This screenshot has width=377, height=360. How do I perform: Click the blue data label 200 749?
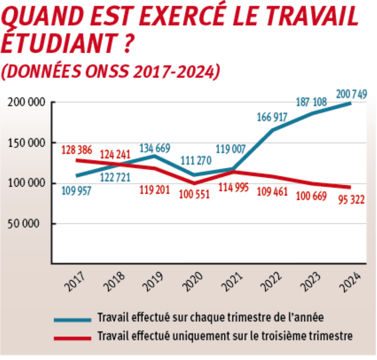[x=351, y=95]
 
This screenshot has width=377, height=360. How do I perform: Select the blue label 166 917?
[x=272, y=118]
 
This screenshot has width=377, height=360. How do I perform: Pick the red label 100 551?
[x=194, y=195]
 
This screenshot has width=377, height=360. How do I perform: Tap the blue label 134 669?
[x=155, y=148]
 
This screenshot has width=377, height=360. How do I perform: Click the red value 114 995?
[x=233, y=187]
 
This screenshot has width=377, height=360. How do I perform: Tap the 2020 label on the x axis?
[x=192, y=282]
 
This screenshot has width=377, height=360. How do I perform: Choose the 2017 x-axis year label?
[x=74, y=282]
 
